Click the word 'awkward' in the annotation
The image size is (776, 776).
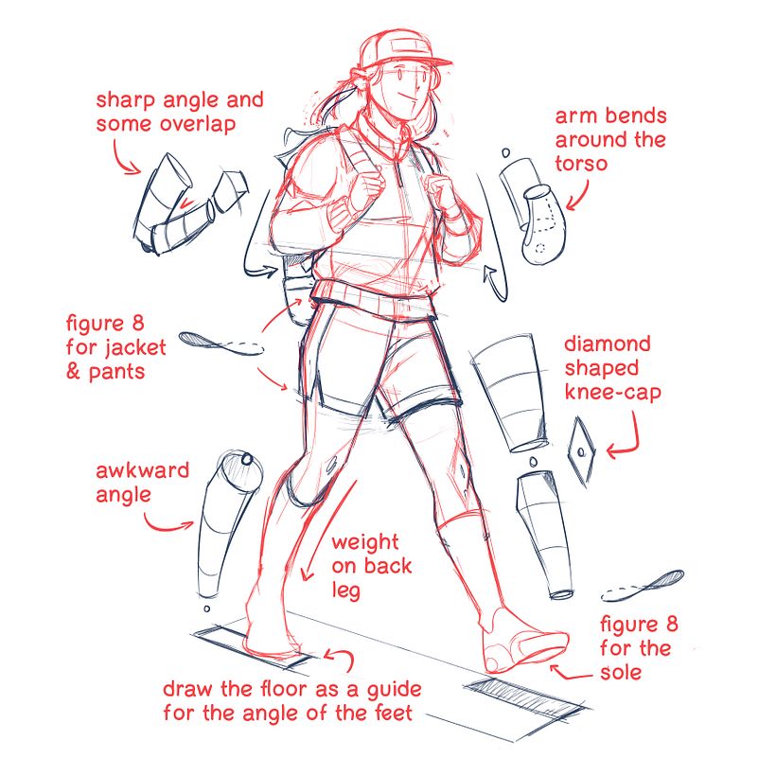coord(142,470)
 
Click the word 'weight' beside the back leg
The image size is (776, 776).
coord(364,543)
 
